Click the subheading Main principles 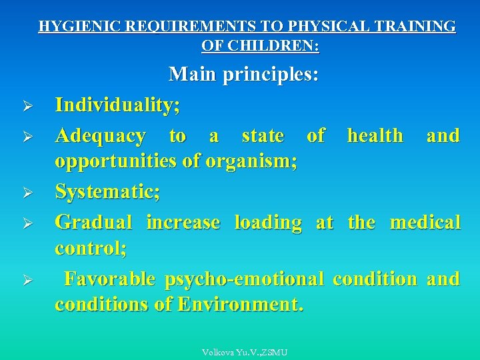(244, 73)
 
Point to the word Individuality (117, 105)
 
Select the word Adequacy (100, 136)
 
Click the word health (375, 136)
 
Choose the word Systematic (107, 192)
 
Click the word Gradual (93, 222)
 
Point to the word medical (425, 222)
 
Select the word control (91, 248)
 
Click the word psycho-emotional (244, 278)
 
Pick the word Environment (240, 304)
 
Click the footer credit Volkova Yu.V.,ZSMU (245, 352)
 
